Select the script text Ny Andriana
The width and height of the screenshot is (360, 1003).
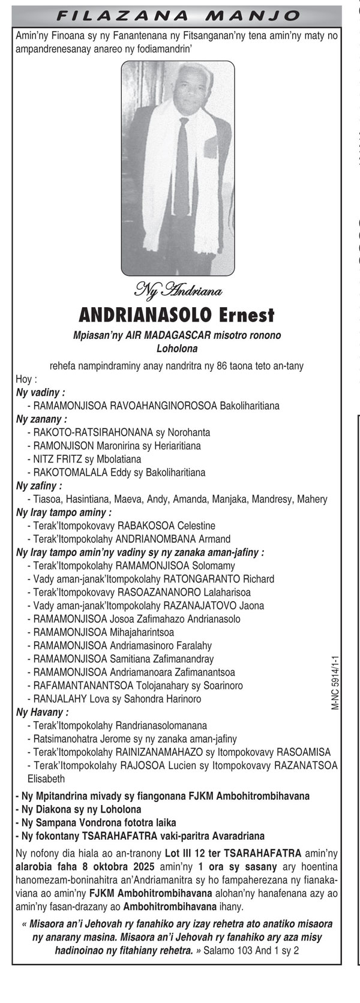pyautogui.click(x=178, y=292)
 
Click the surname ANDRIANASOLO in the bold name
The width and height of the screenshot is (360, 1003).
pyautogui.click(x=146, y=314)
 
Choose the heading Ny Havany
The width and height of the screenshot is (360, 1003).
pyautogui.click(x=42, y=713)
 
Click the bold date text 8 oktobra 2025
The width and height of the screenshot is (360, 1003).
pyautogui.click(x=110, y=867)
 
